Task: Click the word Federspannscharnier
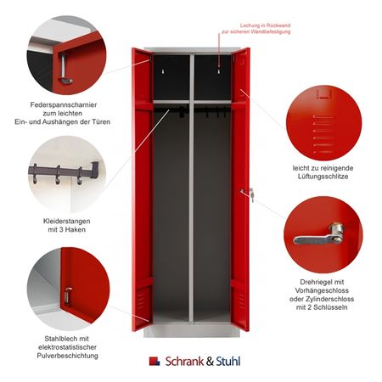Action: coord(64,104)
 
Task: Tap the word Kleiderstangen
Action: coord(67,221)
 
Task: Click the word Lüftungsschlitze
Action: coord(323,177)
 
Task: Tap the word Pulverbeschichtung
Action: coord(67,356)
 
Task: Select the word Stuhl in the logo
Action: coord(228,362)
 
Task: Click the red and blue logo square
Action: coord(154,362)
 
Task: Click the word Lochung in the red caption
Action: coord(250,25)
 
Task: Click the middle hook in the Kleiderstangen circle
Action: coord(58,175)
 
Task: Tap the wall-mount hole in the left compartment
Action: coord(163,72)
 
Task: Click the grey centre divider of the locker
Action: coord(192,188)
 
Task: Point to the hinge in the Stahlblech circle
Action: coord(68,296)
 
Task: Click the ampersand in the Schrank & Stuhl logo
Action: coord(210,362)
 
